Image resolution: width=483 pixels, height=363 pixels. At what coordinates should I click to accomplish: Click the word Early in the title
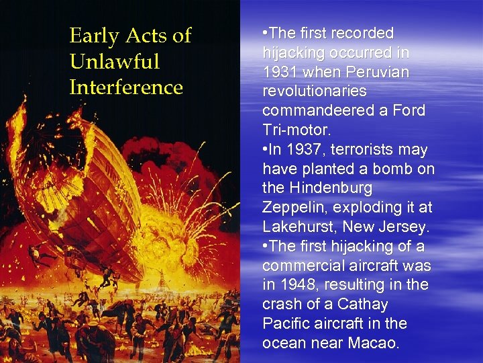(94, 36)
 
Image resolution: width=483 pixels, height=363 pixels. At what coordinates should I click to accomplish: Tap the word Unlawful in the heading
(114, 62)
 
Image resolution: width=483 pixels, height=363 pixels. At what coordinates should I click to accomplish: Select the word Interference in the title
(126, 87)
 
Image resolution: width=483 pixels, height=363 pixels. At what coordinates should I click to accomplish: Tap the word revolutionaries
(314, 91)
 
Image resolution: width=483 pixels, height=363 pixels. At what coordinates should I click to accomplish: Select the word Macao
(374, 343)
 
